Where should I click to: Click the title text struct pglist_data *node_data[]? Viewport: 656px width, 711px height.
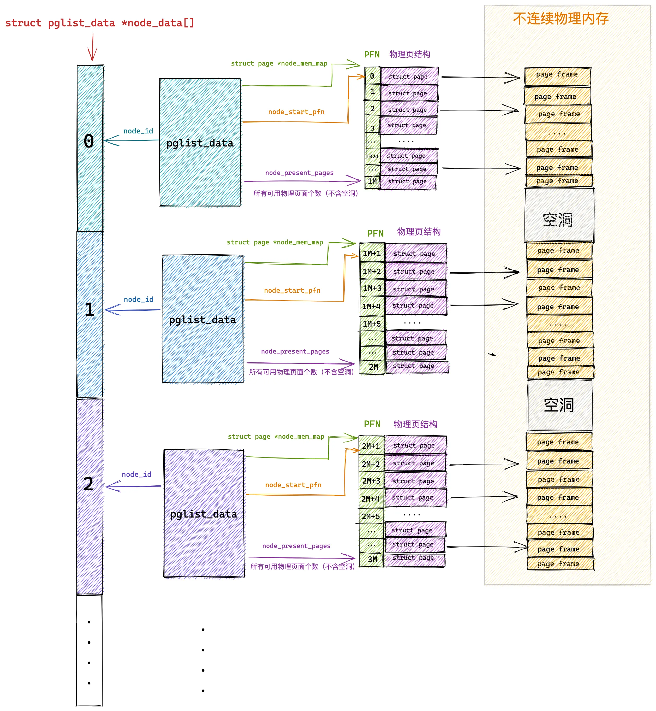point(100,23)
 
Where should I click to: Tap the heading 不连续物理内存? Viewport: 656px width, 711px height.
point(560,19)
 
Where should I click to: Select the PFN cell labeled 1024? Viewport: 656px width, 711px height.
point(372,156)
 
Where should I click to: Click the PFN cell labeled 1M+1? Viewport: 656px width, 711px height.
point(372,254)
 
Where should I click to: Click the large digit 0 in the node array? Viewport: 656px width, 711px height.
point(89,141)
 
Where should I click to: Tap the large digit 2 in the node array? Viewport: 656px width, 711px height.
point(88,484)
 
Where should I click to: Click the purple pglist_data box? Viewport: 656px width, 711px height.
point(204,514)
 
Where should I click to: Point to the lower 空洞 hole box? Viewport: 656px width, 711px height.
point(559,405)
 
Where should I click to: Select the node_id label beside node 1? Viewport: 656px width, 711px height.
point(139,299)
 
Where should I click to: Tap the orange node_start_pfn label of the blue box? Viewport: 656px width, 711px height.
point(292,291)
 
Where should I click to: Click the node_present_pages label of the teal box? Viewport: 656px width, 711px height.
point(299,173)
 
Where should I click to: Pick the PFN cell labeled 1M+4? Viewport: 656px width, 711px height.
point(372,306)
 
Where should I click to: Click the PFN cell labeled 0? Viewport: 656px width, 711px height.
point(372,76)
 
